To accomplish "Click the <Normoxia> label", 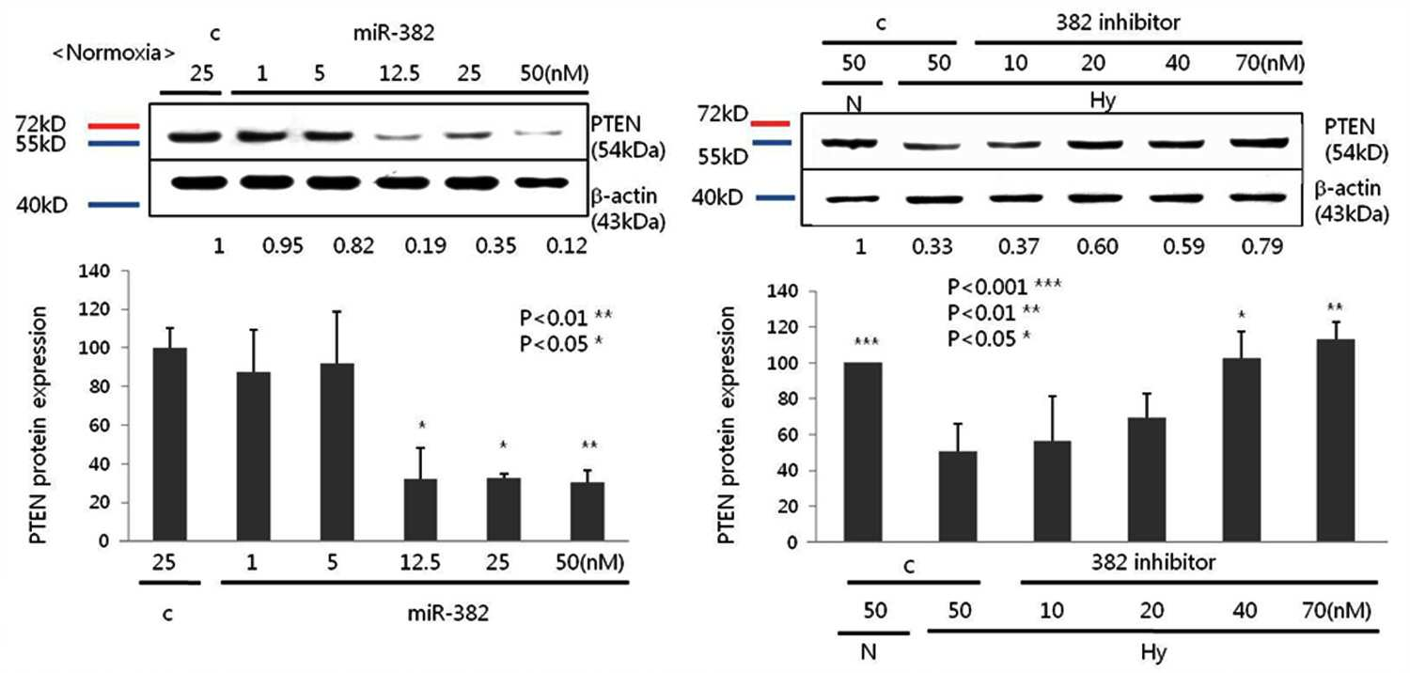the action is [114, 53].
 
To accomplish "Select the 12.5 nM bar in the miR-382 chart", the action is [420, 509].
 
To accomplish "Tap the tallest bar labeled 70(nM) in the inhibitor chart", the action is [1335, 440].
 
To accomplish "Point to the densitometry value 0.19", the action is [426, 245].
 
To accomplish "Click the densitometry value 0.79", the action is [1262, 246].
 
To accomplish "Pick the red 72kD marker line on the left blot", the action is [114, 126].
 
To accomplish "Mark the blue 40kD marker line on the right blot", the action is [775, 197].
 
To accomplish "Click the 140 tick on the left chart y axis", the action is [94, 272].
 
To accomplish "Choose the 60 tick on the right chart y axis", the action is [788, 435].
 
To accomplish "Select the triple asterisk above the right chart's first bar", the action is [866, 343].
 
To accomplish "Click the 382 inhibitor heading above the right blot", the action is [1118, 23].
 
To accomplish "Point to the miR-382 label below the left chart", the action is [448, 613].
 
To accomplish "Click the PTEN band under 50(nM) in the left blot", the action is [539, 133].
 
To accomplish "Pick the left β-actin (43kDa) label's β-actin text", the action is [624, 196].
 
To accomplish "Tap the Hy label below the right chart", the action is [1153, 652].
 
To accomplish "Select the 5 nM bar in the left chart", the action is [337, 452].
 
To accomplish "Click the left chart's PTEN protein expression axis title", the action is [39, 426].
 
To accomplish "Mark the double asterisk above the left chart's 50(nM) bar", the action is [589, 446].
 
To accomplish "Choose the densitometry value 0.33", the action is [932, 246].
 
